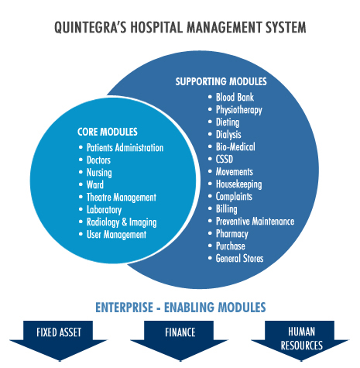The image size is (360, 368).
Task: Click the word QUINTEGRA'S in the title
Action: pyautogui.click(x=91, y=27)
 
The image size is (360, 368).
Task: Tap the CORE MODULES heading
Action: pyautogui.click(x=108, y=132)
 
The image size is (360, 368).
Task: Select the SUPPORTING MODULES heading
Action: pyautogui.click(x=221, y=81)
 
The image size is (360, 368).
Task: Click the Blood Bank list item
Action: pyautogui.click(x=235, y=98)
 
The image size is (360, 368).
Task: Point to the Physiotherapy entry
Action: pyautogui.click(x=239, y=110)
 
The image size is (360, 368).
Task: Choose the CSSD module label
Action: pyautogui.click(x=225, y=159)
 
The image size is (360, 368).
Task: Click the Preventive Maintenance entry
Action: pyautogui.click(x=255, y=222)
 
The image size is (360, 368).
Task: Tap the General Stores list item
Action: pyautogui.click(x=239, y=258)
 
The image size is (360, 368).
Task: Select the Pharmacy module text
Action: pyautogui.click(x=232, y=234)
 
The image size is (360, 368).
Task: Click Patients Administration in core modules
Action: pyautogui.click(x=125, y=148)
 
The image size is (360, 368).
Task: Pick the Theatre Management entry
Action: pyautogui.click(x=122, y=198)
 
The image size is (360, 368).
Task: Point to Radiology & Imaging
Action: pyautogui.click(x=122, y=222)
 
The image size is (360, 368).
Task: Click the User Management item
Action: pyautogui.click(x=116, y=235)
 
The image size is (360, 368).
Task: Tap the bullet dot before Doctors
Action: pyautogui.click(x=81, y=160)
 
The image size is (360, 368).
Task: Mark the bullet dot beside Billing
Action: pyautogui.click(x=210, y=208)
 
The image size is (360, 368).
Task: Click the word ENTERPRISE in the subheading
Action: pyautogui.click(x=124, y=308)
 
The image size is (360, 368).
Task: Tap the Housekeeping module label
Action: pyautogui.click(x=239, y=184)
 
